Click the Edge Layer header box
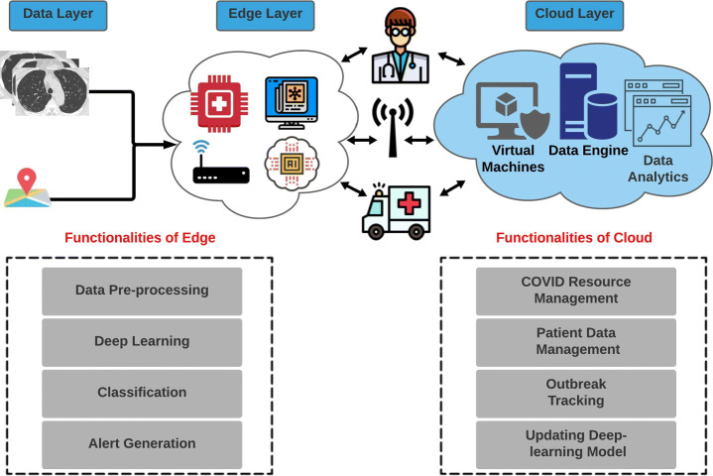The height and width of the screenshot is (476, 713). pos(265,15)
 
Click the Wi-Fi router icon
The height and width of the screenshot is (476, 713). pos(218,167)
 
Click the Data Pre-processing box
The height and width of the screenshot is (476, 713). pos(142,291)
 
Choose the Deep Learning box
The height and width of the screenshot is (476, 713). pos(142,341)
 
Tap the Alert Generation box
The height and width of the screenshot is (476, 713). pos(142,443)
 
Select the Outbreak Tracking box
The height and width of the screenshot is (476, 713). pos(576,392)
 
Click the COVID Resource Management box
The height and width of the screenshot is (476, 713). pos(576,290)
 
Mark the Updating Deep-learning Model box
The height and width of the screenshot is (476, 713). pos(576,443)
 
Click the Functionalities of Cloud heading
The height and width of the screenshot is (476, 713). pos(574,238)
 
